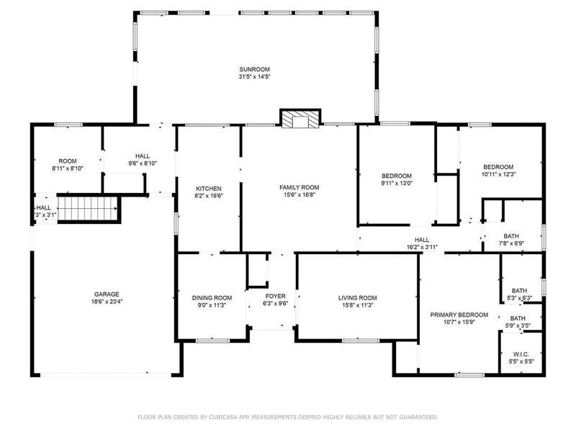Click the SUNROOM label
pos(255,69)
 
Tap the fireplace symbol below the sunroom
pos(300,118)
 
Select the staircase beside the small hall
pos(86,208)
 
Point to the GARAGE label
pos(107,294)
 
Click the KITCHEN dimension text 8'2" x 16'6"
pos(209,196)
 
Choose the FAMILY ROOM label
pos(300,187)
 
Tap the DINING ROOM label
pos(212,298)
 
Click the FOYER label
pos(276,296)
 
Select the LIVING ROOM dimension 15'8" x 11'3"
pos(357,305)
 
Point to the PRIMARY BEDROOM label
pos(459,315)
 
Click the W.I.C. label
pos(521,354)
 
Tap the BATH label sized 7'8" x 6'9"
pos(511,236)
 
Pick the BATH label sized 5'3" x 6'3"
pos(519,291)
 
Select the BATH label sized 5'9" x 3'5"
pos(518,318)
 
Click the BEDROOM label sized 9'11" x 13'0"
pos(397,176)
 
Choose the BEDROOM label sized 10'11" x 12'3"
pos(498,167)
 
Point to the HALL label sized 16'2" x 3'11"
pos(422,240)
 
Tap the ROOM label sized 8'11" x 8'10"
pos(68,161)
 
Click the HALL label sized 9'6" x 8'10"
pos(143,156)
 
